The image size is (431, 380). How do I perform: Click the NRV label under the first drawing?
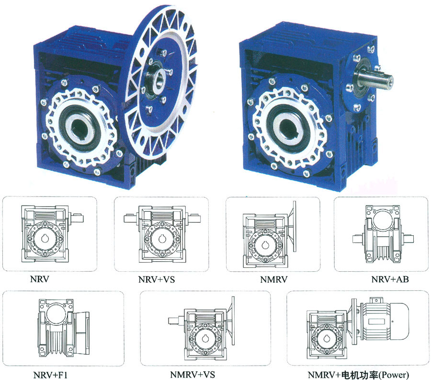pos(40,279)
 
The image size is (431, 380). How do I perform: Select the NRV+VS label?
pos(157,279)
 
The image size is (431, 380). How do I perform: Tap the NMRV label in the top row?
pos(274,279)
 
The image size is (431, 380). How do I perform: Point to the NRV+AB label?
pos(390,279)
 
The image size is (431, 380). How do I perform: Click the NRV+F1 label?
pos(50,375)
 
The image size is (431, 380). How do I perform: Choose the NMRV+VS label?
pos(193,375)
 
